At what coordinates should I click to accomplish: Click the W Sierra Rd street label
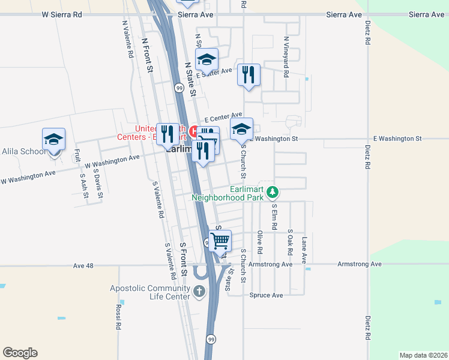61,14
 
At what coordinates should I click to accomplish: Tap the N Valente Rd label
127,40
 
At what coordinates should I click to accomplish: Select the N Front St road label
148,56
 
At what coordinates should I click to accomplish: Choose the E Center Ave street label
223,117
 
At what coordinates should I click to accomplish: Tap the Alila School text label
23,151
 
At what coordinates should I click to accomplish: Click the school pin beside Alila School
54,140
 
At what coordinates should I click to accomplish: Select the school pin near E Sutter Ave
206,60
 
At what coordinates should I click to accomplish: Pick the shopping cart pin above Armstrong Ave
220,241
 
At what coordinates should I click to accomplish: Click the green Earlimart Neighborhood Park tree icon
273,192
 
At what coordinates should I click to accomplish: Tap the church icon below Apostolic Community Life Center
199,292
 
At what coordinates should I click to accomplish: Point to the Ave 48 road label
83,265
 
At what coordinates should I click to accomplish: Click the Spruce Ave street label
266,295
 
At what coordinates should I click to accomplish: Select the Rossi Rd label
118,317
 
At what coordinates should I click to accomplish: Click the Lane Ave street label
304,250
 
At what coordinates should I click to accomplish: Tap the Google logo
20,353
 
